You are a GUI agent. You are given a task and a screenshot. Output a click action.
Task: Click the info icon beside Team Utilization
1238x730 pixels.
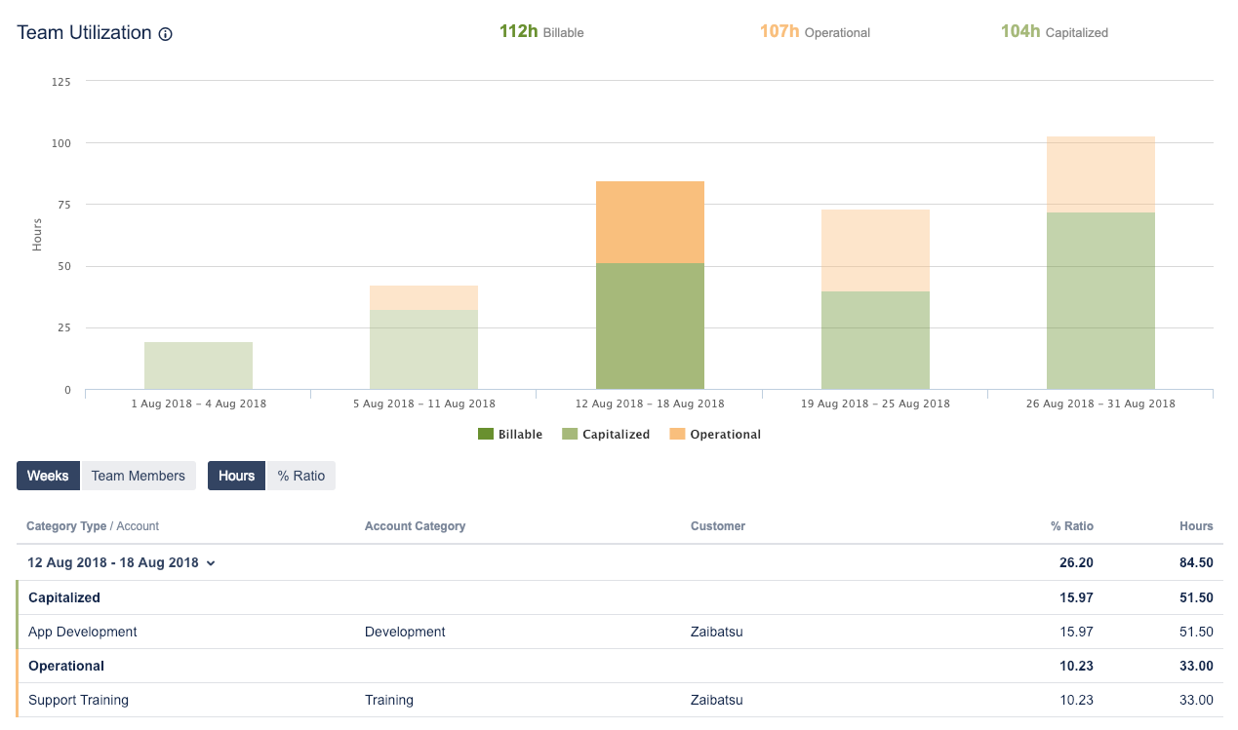[x=166, y=34]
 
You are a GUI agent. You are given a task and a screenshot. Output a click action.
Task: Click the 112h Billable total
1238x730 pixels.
[x=541, y=32]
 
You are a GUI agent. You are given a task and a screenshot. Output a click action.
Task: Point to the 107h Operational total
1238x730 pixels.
[x=815, y=32]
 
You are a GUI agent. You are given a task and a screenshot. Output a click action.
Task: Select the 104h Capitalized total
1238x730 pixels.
[x=1055, y=32]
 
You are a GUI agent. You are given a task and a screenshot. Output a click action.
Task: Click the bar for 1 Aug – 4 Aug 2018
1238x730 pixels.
[x=198, y=365]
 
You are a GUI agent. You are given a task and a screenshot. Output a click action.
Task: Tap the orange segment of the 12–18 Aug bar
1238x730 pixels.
[x=650, y=222]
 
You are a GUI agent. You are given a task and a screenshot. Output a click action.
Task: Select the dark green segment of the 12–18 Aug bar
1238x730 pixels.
[x=650, y=327]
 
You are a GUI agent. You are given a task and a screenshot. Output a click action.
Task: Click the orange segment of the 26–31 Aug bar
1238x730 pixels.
[x=1100, y=174]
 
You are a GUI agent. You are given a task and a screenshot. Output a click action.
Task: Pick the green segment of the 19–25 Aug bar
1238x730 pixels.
[x=875, y=340]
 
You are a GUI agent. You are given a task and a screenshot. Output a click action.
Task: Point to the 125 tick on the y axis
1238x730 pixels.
[x=60, y=82]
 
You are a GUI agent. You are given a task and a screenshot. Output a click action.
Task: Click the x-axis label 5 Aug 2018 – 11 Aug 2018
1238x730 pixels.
[x=423, y=403]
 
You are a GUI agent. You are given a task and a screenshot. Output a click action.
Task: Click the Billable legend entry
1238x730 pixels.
[x=510, y=435]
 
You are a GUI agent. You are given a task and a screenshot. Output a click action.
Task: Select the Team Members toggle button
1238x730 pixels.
[x=138, y=476]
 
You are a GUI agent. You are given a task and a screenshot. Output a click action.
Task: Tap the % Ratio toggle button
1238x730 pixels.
[x=301, y=476]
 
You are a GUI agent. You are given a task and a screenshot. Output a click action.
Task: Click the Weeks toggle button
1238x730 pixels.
[x=48, y=476]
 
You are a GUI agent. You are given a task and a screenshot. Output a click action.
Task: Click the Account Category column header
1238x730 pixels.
[x=415, y=526]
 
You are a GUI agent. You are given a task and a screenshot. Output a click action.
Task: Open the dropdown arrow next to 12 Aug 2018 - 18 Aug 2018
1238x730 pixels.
[x=211, y=563]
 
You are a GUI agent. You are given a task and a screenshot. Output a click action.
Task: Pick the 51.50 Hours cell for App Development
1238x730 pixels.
[x=1196, y=632]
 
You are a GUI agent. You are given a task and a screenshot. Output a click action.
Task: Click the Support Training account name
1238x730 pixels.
[x=78, y=700]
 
